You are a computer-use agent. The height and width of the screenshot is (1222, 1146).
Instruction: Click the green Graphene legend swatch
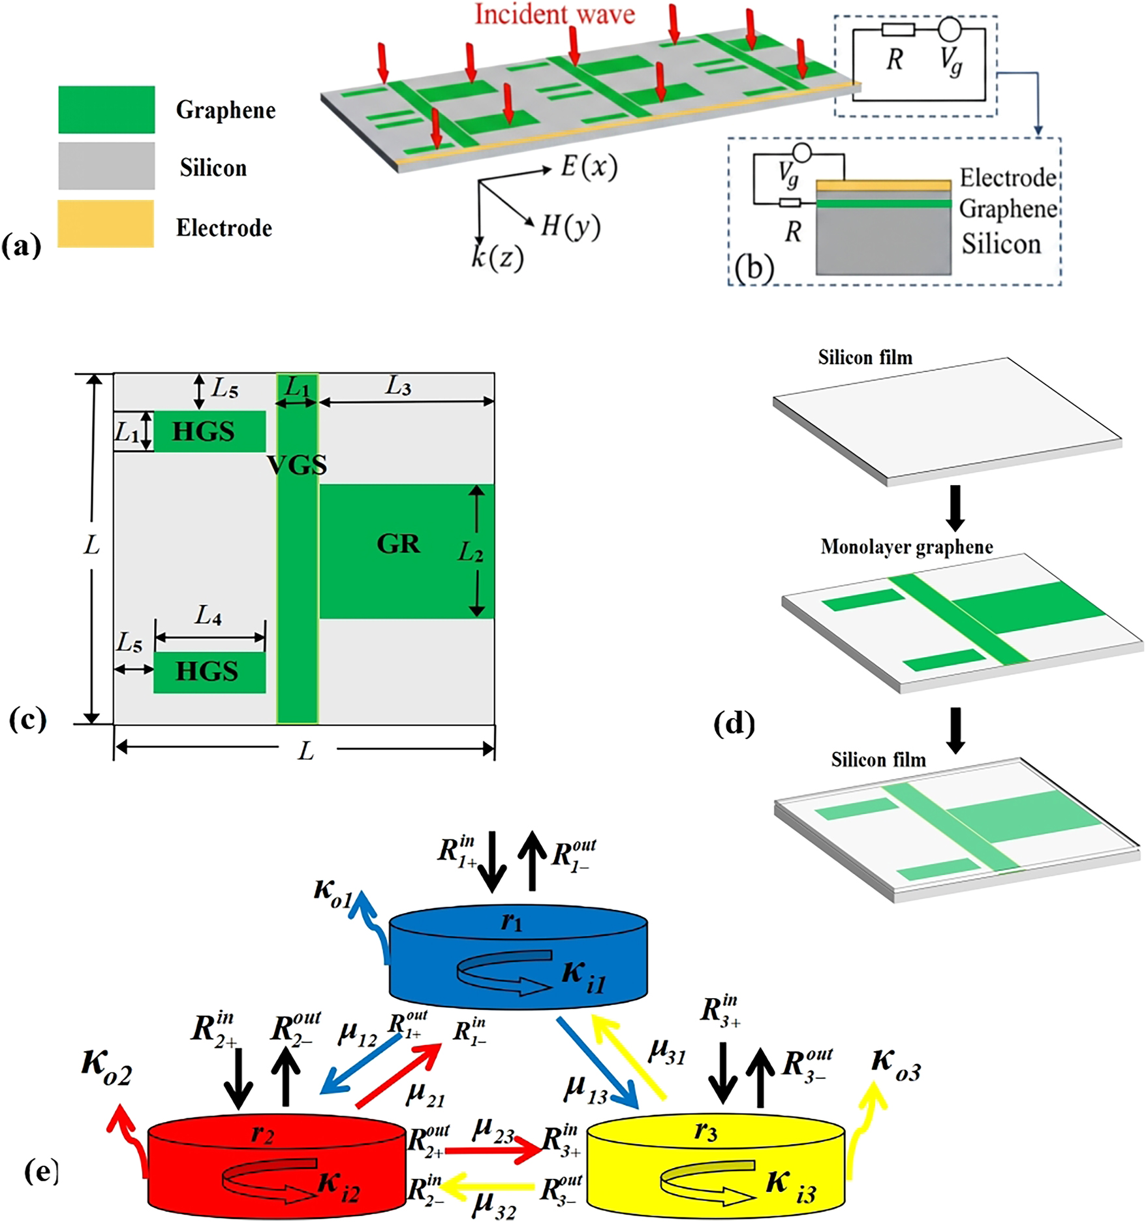(106, 109)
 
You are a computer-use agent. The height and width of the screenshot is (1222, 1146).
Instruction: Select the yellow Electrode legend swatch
(106, 224)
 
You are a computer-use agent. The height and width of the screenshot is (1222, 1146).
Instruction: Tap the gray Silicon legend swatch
(106, 166)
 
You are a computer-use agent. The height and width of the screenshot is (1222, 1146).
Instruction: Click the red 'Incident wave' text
(554, 14)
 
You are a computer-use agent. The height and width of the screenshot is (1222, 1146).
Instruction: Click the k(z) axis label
(497, 258)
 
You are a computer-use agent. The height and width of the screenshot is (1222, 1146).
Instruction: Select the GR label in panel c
(398, 544)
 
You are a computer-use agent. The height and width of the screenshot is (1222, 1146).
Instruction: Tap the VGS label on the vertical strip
(297, 465)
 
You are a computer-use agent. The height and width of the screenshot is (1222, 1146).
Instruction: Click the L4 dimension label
(209, 615)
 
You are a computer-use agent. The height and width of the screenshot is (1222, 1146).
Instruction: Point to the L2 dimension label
(470, 553)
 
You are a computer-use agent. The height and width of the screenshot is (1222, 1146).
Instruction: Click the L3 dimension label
(397, 386)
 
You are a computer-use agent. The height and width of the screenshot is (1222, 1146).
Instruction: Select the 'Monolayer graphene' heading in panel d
(906, 547)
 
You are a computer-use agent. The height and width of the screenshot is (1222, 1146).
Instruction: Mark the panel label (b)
(754, 268)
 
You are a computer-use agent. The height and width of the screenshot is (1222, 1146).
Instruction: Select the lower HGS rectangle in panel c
(209, 672)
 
